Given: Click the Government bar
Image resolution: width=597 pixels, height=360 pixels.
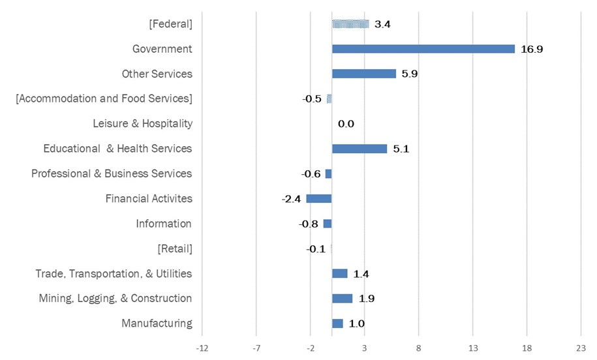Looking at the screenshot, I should pyautogui.click(x=423, y=49).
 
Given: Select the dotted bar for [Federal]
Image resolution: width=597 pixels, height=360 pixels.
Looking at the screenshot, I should pyautogui.click(x=350, y=24).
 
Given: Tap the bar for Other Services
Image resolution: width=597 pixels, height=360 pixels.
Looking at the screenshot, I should pyautogui.click(x=363, y=74).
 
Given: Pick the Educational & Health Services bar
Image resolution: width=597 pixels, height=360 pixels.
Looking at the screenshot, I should pyautogui.click(x=360, y=149).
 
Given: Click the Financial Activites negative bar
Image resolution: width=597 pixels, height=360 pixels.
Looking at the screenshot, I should pyautogui.click(x=319, y=199).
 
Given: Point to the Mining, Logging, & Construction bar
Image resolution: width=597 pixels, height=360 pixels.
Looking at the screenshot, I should pyautogui.click(x=342, y=299).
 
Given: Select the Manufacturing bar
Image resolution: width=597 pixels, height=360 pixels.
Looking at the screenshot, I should pyautogui.click(x=337, y=323).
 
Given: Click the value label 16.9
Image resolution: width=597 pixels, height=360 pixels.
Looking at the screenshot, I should pyautogui.click(x=532, y=50).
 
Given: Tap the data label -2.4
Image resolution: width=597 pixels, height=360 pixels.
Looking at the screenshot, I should pyautogui.click(x=291, y=199).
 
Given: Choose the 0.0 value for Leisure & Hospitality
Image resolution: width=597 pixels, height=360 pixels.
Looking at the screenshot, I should pyautogui.click(x=346, y=124).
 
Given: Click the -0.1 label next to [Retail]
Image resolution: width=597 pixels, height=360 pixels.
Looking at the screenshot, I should pyautogui.click(x=316, y=249).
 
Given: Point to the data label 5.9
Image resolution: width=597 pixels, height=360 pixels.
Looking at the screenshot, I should pyautogui.click(x=409, y=74).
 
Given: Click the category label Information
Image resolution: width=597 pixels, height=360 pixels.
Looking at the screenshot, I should pyautogui.click(x=164, y=224).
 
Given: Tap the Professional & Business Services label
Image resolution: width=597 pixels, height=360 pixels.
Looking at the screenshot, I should pyautogui.click(x=112, y=173).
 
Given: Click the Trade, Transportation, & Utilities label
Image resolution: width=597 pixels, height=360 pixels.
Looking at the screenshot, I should pyautogui.click(x=114, y=273).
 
